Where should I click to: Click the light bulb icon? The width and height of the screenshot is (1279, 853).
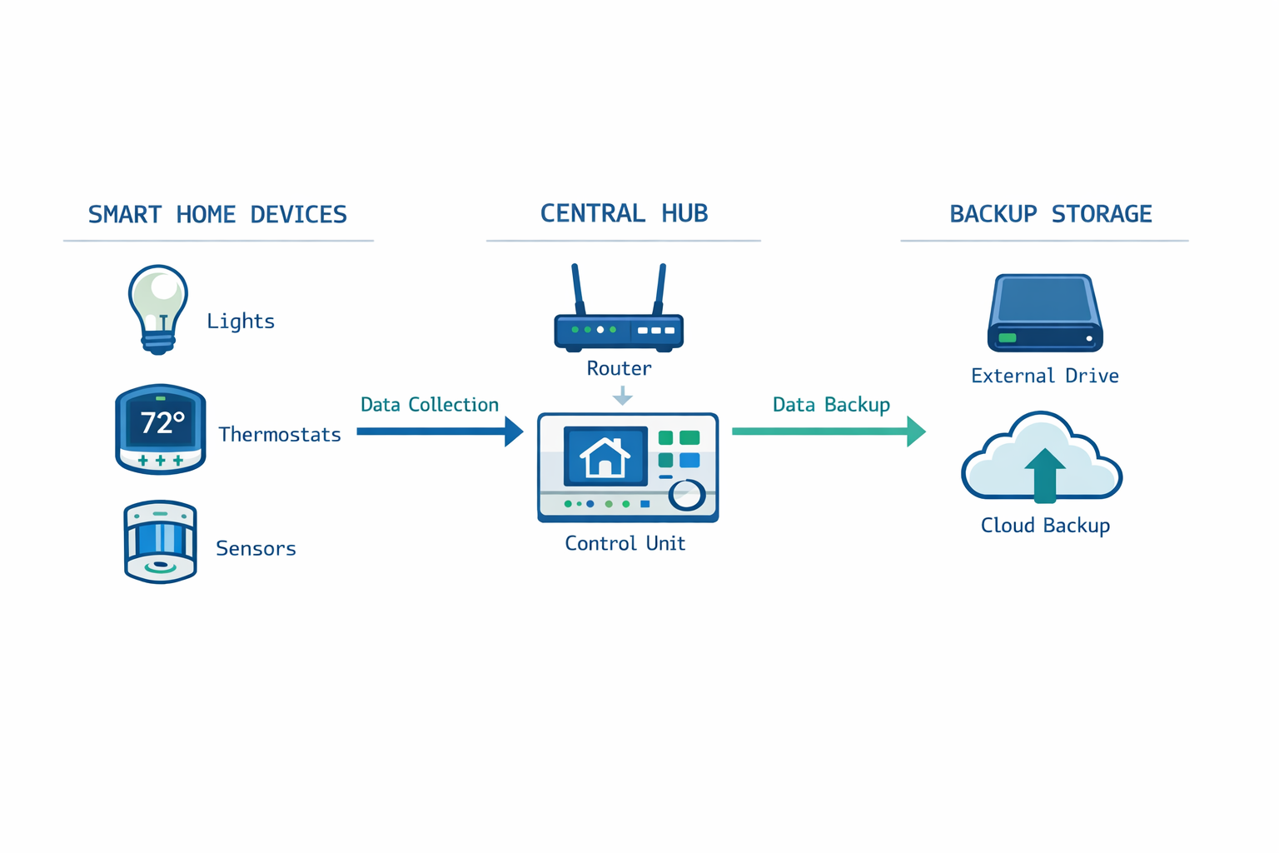click(158, 309)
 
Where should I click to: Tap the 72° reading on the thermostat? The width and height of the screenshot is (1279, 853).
click(162, 423)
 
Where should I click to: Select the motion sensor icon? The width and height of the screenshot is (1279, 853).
click(160, 541)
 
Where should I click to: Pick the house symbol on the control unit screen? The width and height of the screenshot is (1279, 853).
click(605, 457)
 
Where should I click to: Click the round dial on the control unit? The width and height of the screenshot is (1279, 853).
click(687, 494)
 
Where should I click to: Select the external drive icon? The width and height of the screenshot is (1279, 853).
click(1045, 313)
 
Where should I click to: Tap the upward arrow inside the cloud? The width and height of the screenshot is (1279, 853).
click(1044, 475)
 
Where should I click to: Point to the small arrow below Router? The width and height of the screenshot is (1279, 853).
click(622, 396)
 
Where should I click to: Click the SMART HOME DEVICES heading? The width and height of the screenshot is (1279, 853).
click(217, 215)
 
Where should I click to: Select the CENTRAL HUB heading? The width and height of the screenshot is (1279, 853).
click(624, 213)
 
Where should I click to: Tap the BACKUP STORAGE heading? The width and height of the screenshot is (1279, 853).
click(1050, 214)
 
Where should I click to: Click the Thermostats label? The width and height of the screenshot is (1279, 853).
click(280, 434)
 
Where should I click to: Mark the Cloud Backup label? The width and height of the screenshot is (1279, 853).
click(1045, 526)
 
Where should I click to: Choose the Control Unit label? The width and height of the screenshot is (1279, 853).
click(625, 543)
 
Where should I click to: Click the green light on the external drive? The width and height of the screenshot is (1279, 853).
click(1008, 338)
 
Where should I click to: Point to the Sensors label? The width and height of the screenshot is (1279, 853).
click(256, 548)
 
